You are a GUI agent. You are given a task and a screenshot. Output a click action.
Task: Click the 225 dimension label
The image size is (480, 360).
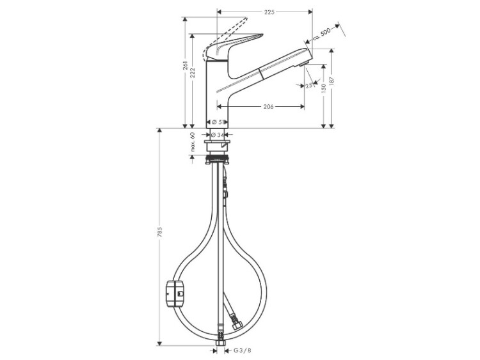coord(269,12)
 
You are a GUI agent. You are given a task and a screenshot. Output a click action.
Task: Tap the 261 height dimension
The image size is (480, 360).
coord(186,66)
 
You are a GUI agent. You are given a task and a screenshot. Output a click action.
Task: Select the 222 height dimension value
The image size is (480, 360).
coord(193,73)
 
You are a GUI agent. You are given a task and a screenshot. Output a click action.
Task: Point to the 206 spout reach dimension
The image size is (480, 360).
coord(268,106)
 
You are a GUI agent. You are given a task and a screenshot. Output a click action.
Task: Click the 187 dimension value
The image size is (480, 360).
coord(332,81)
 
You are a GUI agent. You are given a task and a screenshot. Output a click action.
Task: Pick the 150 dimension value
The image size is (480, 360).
coord(324,88)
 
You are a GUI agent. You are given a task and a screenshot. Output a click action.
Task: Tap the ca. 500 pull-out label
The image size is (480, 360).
coord(322,35)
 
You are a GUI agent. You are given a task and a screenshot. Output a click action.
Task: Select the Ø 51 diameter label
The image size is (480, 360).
coord(217,121)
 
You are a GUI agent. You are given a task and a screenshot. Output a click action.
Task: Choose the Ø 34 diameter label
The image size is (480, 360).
coord(218,134)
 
